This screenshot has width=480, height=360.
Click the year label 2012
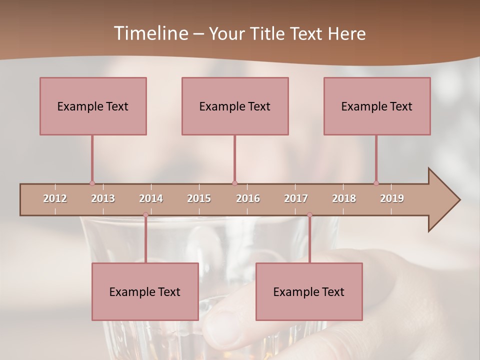(55, 198)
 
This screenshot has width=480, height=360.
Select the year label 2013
(103, 198)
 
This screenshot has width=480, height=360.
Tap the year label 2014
(151, 198)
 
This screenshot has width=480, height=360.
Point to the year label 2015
(199, 198)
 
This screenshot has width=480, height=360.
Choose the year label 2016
(248, 198)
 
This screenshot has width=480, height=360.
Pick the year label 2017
(296, 198)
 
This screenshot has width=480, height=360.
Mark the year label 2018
(344, 198)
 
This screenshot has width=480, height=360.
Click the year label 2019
(392, 198)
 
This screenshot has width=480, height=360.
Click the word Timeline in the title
(150, 33)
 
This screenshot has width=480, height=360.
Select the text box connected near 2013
(93, 106)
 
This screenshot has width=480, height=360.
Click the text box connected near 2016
(235, 106)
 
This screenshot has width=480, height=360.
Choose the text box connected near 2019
(377, 106)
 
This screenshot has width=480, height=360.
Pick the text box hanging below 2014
(145, 291)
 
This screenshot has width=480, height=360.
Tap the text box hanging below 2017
(309, 291)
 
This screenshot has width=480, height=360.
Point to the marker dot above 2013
(92, 183)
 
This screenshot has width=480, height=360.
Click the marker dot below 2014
(145, 215)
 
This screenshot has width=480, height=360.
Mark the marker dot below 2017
(309, 215)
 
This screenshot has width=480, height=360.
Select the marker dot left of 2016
(234, 183)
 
